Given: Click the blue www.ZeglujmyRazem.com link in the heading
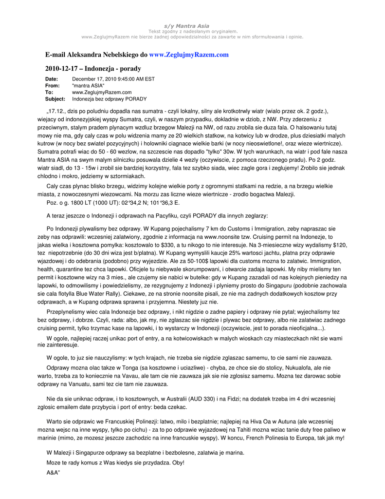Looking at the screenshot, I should (x=189, y=55).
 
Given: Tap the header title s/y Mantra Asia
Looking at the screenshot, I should (x=192, y=26).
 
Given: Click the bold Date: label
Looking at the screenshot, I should (x=52, y=79).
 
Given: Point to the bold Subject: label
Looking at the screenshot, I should (x=55, y=99).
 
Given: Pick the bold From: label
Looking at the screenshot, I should (x=52, y=86).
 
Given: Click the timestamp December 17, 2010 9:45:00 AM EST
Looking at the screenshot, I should (x=113, y=79).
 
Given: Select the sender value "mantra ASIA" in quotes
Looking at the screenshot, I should (x=88, y=86).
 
